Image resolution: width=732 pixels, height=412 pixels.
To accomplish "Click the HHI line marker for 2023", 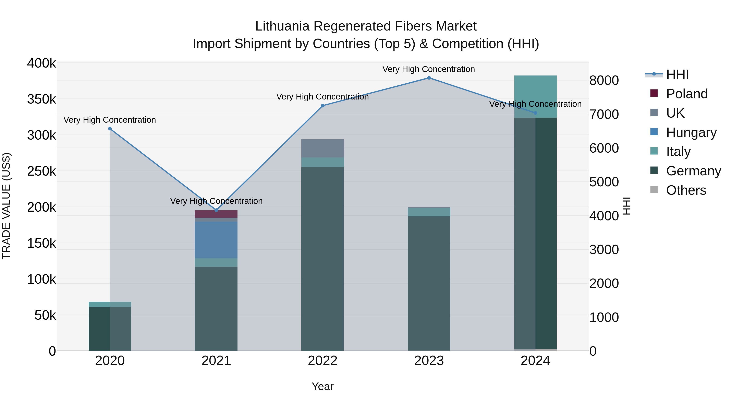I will [x=429, y=78].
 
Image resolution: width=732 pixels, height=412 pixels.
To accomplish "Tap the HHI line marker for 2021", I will [x=216, y=210].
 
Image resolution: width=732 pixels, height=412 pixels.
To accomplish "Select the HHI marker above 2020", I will [x=110, y=129].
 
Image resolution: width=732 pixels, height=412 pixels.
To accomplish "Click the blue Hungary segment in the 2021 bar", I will [x=216, y=240].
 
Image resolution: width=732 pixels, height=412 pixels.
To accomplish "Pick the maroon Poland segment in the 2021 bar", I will [x=216, y=214].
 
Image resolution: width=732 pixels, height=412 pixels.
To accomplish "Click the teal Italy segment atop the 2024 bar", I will [x=535, y=96].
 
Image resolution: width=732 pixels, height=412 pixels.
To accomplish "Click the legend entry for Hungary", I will [x=691, y=132].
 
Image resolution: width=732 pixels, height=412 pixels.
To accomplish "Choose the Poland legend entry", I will [x=686, y=94].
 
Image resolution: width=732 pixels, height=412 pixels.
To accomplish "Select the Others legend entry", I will [x=686, y=190].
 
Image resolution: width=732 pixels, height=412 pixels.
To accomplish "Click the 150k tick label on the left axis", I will [x=41, y=243].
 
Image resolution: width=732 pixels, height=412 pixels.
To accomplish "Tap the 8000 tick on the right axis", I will [x=604, y=80].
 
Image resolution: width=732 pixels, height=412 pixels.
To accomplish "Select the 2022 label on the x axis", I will [x=322, y=361].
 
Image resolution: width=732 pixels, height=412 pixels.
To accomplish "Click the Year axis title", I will [x=322, y=386].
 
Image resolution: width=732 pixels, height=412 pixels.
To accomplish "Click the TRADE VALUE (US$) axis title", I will [x=6, y=206].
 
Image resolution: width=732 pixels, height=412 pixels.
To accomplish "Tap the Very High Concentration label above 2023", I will [x=428, y=69].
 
